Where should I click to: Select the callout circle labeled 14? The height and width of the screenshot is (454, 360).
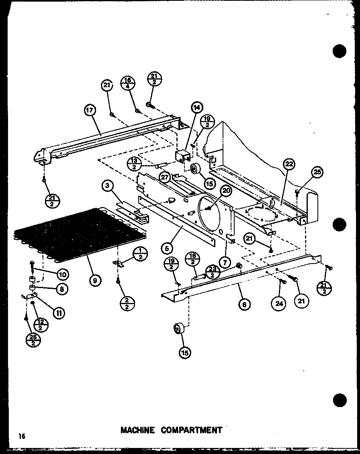[197, 107]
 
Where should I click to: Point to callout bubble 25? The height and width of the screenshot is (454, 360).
[317, 173]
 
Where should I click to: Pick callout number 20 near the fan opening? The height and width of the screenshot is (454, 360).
[226, 191]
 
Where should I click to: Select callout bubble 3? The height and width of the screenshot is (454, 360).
[107, 186]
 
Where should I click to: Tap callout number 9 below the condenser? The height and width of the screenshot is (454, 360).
[94, 280]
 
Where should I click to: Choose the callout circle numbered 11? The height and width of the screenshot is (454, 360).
[59, 312]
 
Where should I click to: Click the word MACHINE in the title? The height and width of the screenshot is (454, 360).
[138, 430]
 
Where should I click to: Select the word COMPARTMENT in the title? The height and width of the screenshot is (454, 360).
[191, 430]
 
